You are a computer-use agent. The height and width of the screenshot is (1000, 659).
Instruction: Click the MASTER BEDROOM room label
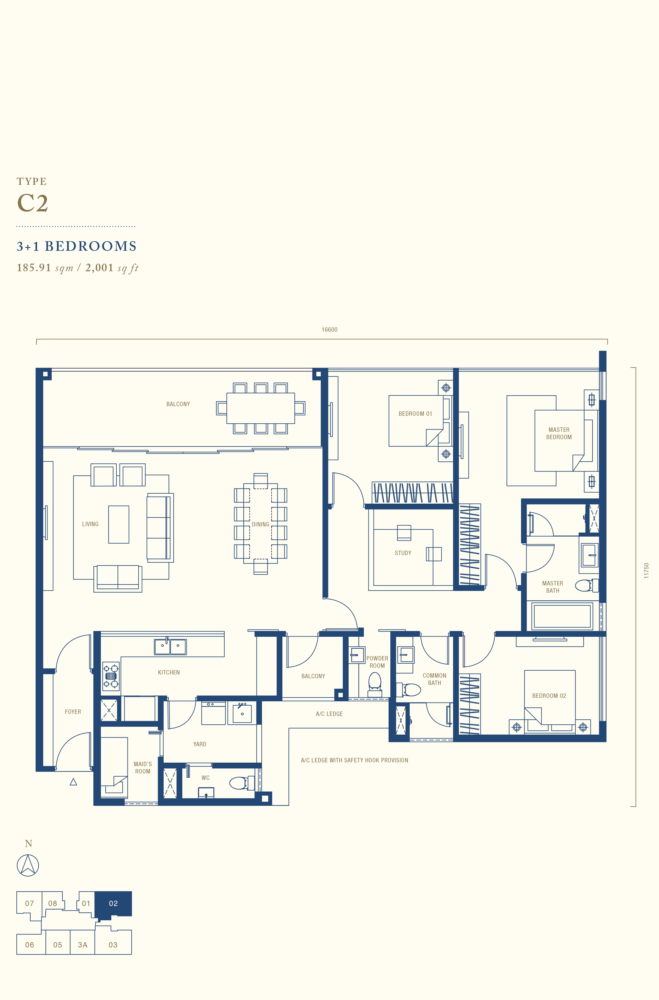coord(559,433)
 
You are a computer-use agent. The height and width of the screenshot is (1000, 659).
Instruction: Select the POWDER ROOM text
coord(377,662)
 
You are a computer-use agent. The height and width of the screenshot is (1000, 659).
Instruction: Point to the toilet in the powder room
coord(375,685)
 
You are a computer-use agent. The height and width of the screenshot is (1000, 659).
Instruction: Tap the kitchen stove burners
coord(111,676)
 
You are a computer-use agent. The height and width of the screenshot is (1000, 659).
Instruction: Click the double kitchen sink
coord(170,646)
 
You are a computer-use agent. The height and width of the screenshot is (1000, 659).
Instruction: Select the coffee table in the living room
coord(118,524)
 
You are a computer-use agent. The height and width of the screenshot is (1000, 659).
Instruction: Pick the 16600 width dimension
coord(330,330)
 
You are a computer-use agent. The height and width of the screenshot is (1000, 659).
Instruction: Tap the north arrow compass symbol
coord(28,865)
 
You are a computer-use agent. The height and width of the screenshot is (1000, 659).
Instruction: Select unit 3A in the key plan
coord(82,945)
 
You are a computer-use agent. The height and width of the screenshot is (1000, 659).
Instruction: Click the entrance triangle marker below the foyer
coord(73,782)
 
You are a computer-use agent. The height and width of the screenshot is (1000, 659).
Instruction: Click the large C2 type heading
coord(32,203)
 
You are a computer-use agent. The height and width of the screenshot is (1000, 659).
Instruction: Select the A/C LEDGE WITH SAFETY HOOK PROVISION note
coord(354,760)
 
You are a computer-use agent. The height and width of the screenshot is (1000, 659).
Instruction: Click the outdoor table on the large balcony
coord(261,408)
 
